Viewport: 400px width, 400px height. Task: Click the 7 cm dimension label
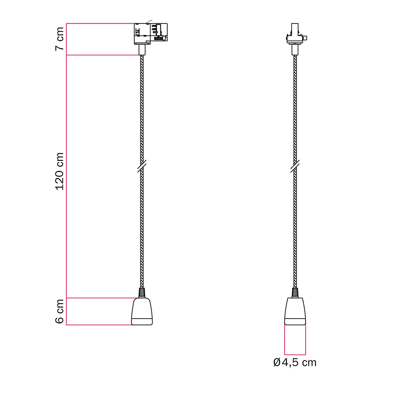pos(60,39)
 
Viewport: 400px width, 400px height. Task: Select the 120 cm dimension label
pos(60,171)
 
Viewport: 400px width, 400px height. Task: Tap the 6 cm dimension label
pos(60,311)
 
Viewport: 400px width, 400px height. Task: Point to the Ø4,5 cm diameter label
pos(295,363)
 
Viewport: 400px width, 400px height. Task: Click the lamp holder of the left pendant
pos(142,311)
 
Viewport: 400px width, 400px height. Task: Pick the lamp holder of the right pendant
pos(295,311)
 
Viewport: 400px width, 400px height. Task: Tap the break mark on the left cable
pos(142,166)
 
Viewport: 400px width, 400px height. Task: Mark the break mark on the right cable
pos(295,166)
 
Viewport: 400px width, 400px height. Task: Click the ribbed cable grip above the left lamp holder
pos(142,293)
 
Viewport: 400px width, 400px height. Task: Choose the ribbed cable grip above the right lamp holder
pos(295,293)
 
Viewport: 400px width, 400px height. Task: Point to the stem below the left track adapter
pos(142,50)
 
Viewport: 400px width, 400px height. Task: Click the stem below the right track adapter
pos(295,50)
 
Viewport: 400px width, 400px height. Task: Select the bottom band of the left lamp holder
pos(142,322)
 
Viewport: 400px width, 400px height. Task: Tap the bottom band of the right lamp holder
pos(295,322)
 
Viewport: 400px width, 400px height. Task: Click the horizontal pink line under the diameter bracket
pos(295,355)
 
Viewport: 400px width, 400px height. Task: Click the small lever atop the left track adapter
pos(149,22)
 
